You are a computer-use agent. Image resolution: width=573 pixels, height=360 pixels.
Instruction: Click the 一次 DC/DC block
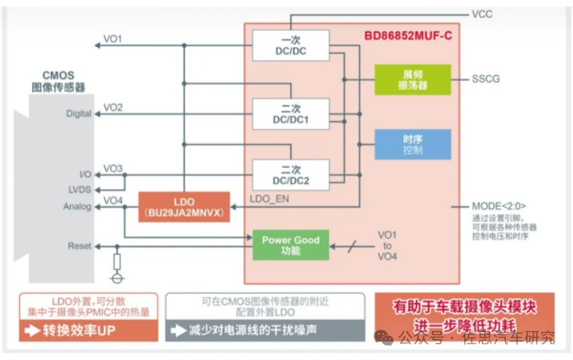[x=290, y=45]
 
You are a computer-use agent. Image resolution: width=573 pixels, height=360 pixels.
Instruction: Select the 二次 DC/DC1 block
[x=290, y=114]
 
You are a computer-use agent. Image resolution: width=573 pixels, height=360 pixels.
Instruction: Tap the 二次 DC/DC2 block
[x=290, y=175]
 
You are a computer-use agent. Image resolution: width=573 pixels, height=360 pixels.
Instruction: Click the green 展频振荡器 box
[x=413, y=79]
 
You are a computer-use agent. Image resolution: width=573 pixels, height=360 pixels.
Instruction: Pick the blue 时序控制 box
[x=413, y=144]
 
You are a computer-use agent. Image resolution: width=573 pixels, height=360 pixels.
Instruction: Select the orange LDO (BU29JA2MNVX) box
[x=184, y=206]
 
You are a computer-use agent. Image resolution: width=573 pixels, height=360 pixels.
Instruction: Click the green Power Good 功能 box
[x=291, y=245]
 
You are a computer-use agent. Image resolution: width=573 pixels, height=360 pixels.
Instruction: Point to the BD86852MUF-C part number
[x=408, y=35]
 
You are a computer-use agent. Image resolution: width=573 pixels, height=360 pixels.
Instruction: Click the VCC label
[x=482, y=13]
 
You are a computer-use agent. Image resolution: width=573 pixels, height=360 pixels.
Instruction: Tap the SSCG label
[x=486, y=79]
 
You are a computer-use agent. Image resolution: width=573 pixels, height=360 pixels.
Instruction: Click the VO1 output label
[x=113, y=39]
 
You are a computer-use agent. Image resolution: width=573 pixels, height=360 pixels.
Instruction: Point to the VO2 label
[x=113, y=108]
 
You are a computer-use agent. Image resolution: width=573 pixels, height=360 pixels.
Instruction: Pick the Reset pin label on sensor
[x=79, y=246]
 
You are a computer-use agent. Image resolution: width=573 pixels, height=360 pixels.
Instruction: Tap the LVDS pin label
[x=80, y=189]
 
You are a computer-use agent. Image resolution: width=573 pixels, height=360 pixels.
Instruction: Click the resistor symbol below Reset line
[x=116, y=261]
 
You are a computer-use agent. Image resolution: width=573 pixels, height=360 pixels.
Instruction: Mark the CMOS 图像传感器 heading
[x=58, y=81]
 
